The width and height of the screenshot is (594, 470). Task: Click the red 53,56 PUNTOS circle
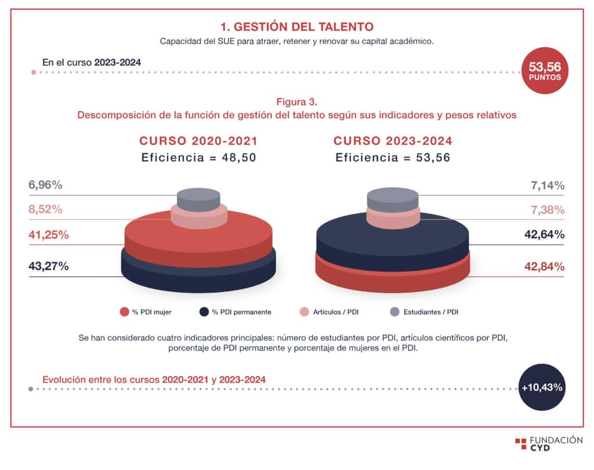545,70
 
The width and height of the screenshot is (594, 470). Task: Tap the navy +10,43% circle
542,387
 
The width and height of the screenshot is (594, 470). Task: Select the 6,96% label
45,185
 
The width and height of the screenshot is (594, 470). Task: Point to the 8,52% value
45,210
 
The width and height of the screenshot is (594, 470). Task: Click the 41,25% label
49,235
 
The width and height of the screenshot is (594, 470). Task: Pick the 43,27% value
49,267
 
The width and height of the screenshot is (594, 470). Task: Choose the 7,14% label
548,185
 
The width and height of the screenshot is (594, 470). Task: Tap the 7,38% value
548,210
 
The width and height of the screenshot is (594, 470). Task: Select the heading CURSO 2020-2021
199,141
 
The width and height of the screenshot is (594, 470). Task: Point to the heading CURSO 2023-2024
393,141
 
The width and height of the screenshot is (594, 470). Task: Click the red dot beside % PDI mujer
124,312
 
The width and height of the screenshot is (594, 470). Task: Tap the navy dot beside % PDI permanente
204,312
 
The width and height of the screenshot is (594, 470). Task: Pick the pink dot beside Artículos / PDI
305,312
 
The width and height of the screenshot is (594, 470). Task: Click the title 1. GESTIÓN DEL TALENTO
296,27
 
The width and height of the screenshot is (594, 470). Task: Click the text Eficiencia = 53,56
393,158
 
